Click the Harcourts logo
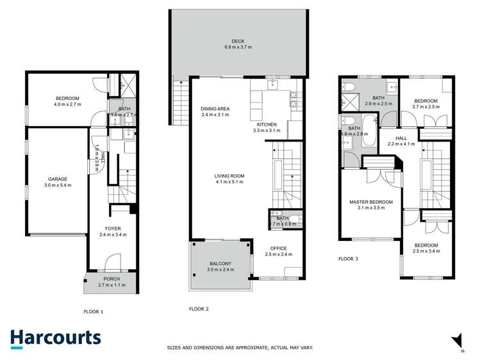pyautogui.click(x=56, y=339)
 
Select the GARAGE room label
pyautogui.click(x=57, y=179)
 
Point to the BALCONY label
pyautogui.click(x=221, y=263)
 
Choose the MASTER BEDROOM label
pyautogui.click(x=370, y=202)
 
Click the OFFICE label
pyautogui.click(x=278, y=248)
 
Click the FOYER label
pyautogui.click(x=113, y=228)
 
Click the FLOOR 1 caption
pyautogui.click(x=94, y=312)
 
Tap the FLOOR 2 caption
pyautogui.click(x=199, y=309)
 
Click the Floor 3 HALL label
pyautogui.click(x=401, y=138)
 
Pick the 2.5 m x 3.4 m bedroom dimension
pyautogui.click(x=426, y=252)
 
